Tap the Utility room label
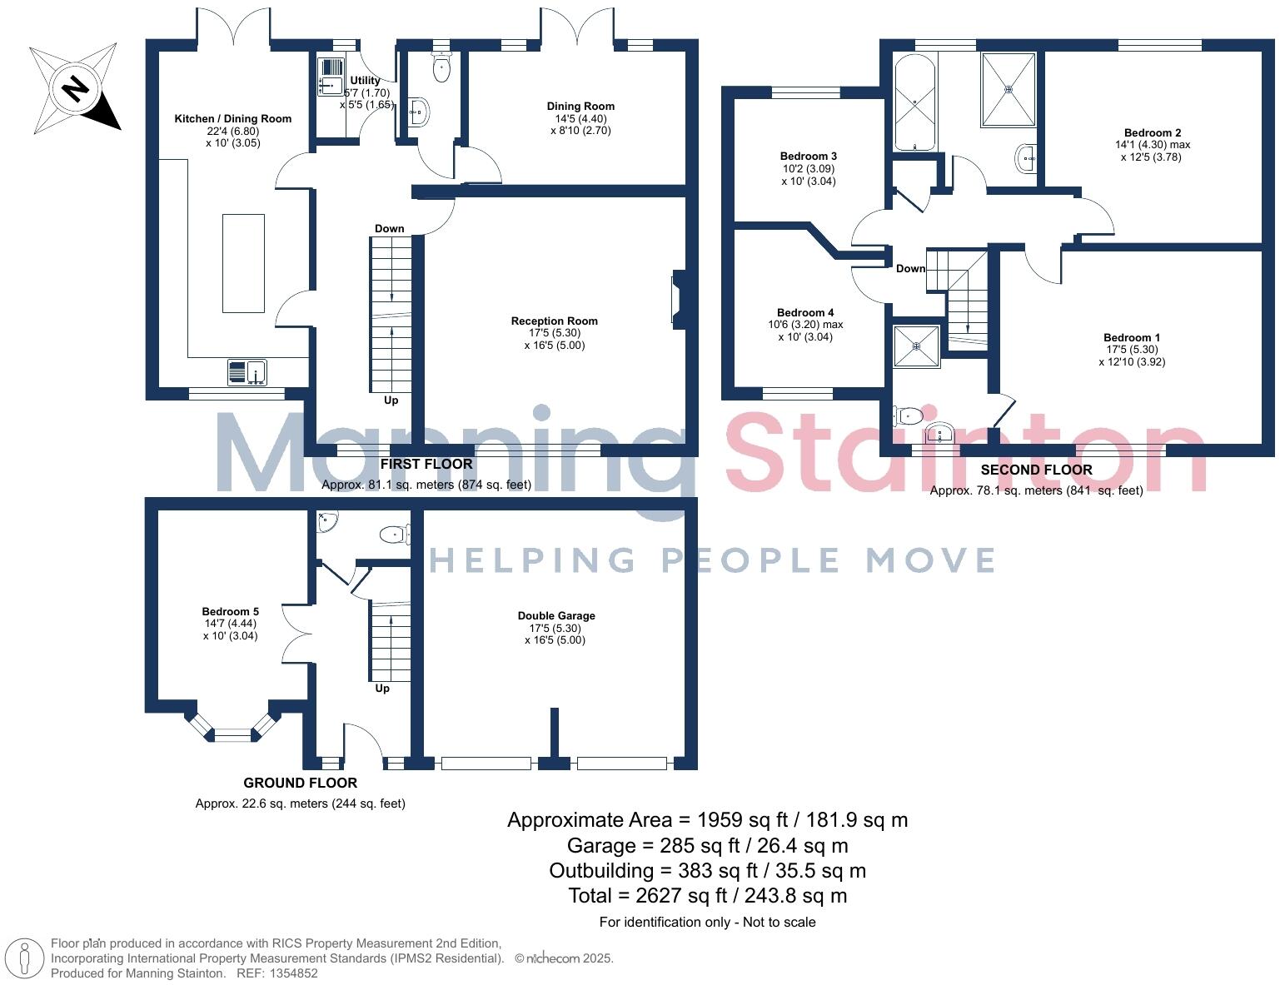pyautogui.click(x=365, y=81)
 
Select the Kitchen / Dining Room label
pyautogui.click(x=233, y=119)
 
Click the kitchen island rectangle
pyautogui.click(x=243, y=263)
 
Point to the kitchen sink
pyautogui.click(x=247, y=372)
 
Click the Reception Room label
pyautogui.click(x=554, y=321)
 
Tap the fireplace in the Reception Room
pyautogui.click(x=678, y=299)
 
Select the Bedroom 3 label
pyautogui.click(x=809, y=156)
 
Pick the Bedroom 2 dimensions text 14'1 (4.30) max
pyautogui.click(x=1153, y=145)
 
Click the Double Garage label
pyautogui.click(x=556, y=615)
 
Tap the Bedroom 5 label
pyautogui.click(x=230, y=611)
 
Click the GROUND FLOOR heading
pyautogui.click(x=301, y=783)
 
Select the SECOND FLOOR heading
pyautogui.click(x=1037, y=470)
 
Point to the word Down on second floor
pyautogui.click(x=910, y=268)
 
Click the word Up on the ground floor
pyautogui.click(x=382, y=689)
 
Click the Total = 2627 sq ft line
pyautogui.click(x=707, y=896)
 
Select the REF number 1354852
pyautogui.click(x=294, y=973)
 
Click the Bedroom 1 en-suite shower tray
pyautogui.click(x=916, y=346)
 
